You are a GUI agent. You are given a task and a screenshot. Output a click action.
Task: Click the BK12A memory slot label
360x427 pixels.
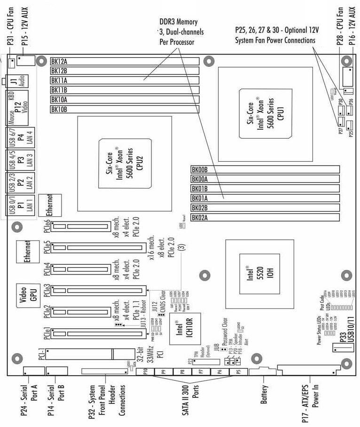[59, 61]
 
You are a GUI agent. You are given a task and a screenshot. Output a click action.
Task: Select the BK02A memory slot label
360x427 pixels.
[200, 217]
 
